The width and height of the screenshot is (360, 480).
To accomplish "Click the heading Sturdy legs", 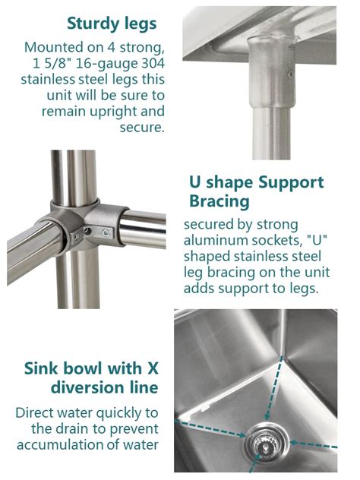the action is [x=112, y=24].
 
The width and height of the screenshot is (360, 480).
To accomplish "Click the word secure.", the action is [x=142, y=128].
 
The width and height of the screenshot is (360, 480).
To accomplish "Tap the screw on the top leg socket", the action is [x=291, y=74].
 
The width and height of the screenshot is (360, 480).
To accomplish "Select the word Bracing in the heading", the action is [x=219, y=201].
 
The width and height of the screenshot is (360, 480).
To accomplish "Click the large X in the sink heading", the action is [x=153, y=368].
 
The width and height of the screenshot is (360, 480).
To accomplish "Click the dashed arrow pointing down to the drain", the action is [x=274, y=388].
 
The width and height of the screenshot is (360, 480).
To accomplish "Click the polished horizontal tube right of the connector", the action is [x=143, y=229].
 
